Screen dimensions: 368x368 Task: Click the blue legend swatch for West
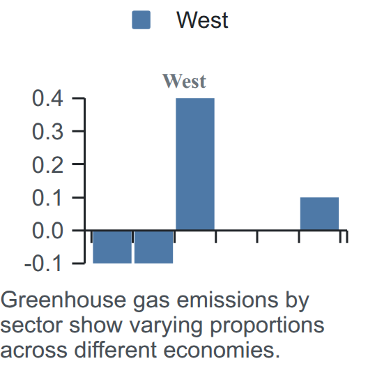[141, 20]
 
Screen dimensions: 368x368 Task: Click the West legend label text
[202, 20]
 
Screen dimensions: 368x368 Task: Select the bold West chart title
[184, 82]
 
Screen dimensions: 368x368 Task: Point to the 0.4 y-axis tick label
[47, 98]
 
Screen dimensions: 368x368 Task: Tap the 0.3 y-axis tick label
[47, 132]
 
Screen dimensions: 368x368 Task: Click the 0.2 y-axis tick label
[47, 165]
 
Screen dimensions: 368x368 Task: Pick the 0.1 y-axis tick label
[47, 198]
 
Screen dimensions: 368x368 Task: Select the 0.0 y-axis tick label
[47, 231]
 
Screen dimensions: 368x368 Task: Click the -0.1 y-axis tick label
[43, 264]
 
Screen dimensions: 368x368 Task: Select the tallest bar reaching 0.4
[195, 164]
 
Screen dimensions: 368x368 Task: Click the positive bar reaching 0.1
[319, 213]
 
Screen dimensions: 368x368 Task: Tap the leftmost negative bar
[112, 247]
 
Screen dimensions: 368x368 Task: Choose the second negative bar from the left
[154, 247]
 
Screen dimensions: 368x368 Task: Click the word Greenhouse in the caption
[63, 300]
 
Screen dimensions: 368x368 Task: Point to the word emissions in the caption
[227, 300]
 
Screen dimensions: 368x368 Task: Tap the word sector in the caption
[31, 325]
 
